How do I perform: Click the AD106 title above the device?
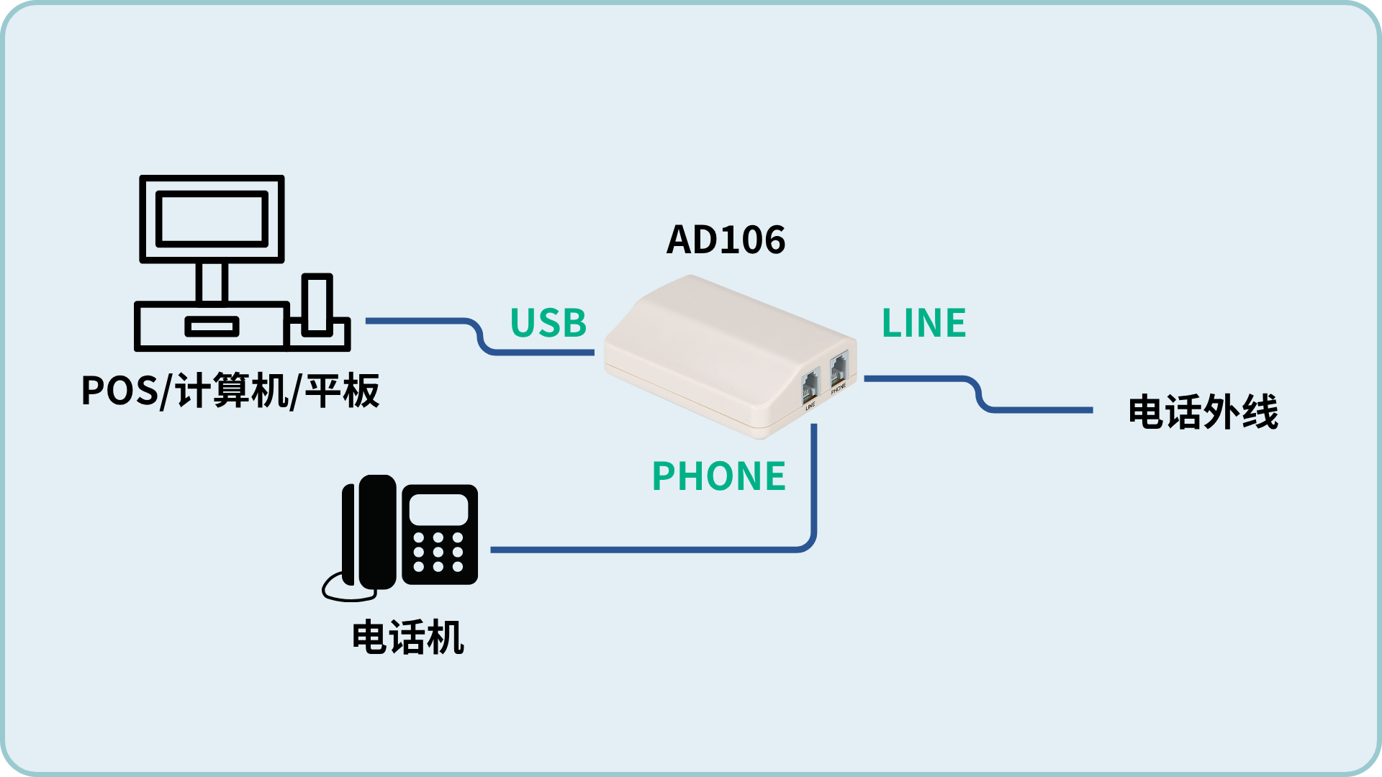[x=726, y=240]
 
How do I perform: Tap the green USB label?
[x=548, y=323]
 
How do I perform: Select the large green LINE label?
[x=923, y=323]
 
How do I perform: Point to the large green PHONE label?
[x=718, y=476]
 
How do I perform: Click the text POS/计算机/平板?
[x=230, y=391]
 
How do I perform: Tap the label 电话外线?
[x=1203, y=412]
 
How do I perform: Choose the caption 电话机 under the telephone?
[x=408, y=637]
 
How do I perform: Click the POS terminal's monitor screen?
[x=212, y=219]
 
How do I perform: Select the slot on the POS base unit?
[x=212, y=327]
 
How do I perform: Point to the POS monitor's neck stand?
[x=212, y=281]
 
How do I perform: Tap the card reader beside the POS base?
[x=317, y=305]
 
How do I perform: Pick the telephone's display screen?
[x=438, y=509]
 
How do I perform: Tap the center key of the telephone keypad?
[x=438, y=552]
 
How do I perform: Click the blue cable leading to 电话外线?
[x=979, y=394]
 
